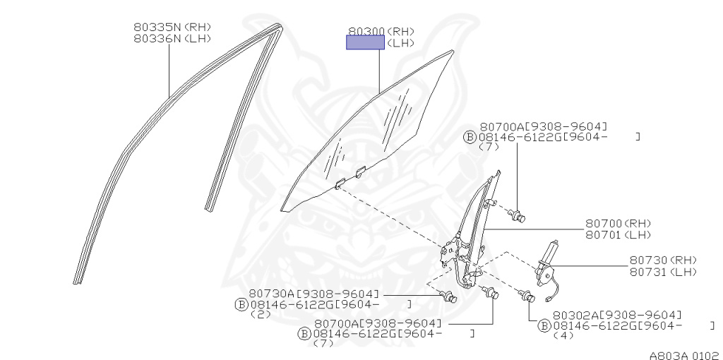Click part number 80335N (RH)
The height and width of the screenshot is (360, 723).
(x=172, y=27)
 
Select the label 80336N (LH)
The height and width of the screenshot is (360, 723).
(x=172, y=39)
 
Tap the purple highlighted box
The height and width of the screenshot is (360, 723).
(x=365, y=42)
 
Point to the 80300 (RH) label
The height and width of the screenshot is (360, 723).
(x=381, y=31)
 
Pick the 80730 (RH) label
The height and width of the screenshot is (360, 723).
(x=663, y=260)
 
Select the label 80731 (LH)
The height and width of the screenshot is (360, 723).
(x=663, y=272)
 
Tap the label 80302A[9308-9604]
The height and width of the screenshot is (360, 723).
(x=617, y=315)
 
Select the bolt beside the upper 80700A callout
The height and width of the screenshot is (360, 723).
(x=520, y=215)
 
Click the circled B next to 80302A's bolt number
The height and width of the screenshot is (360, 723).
(x=544, y=325)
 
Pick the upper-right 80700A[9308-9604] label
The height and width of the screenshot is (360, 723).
(x=544, y=126)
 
